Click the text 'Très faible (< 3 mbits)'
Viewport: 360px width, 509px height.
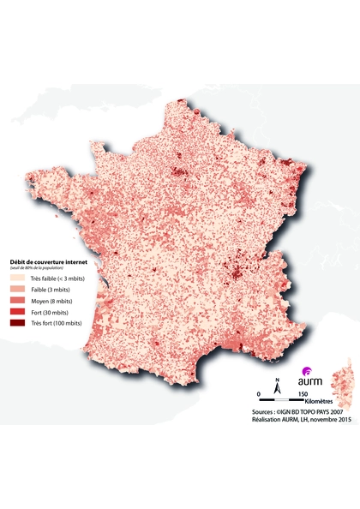click(x=52, y=278)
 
